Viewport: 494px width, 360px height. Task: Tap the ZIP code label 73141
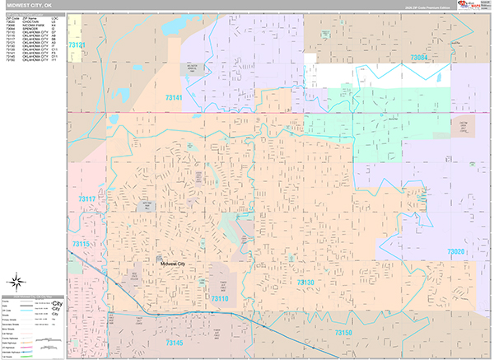click(171, 97)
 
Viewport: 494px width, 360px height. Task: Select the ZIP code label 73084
click(419, 58)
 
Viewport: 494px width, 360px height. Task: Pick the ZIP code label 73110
click(219, 298)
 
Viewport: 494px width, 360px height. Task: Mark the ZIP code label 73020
click(456, 251)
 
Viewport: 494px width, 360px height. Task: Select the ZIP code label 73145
click(175, 341)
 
